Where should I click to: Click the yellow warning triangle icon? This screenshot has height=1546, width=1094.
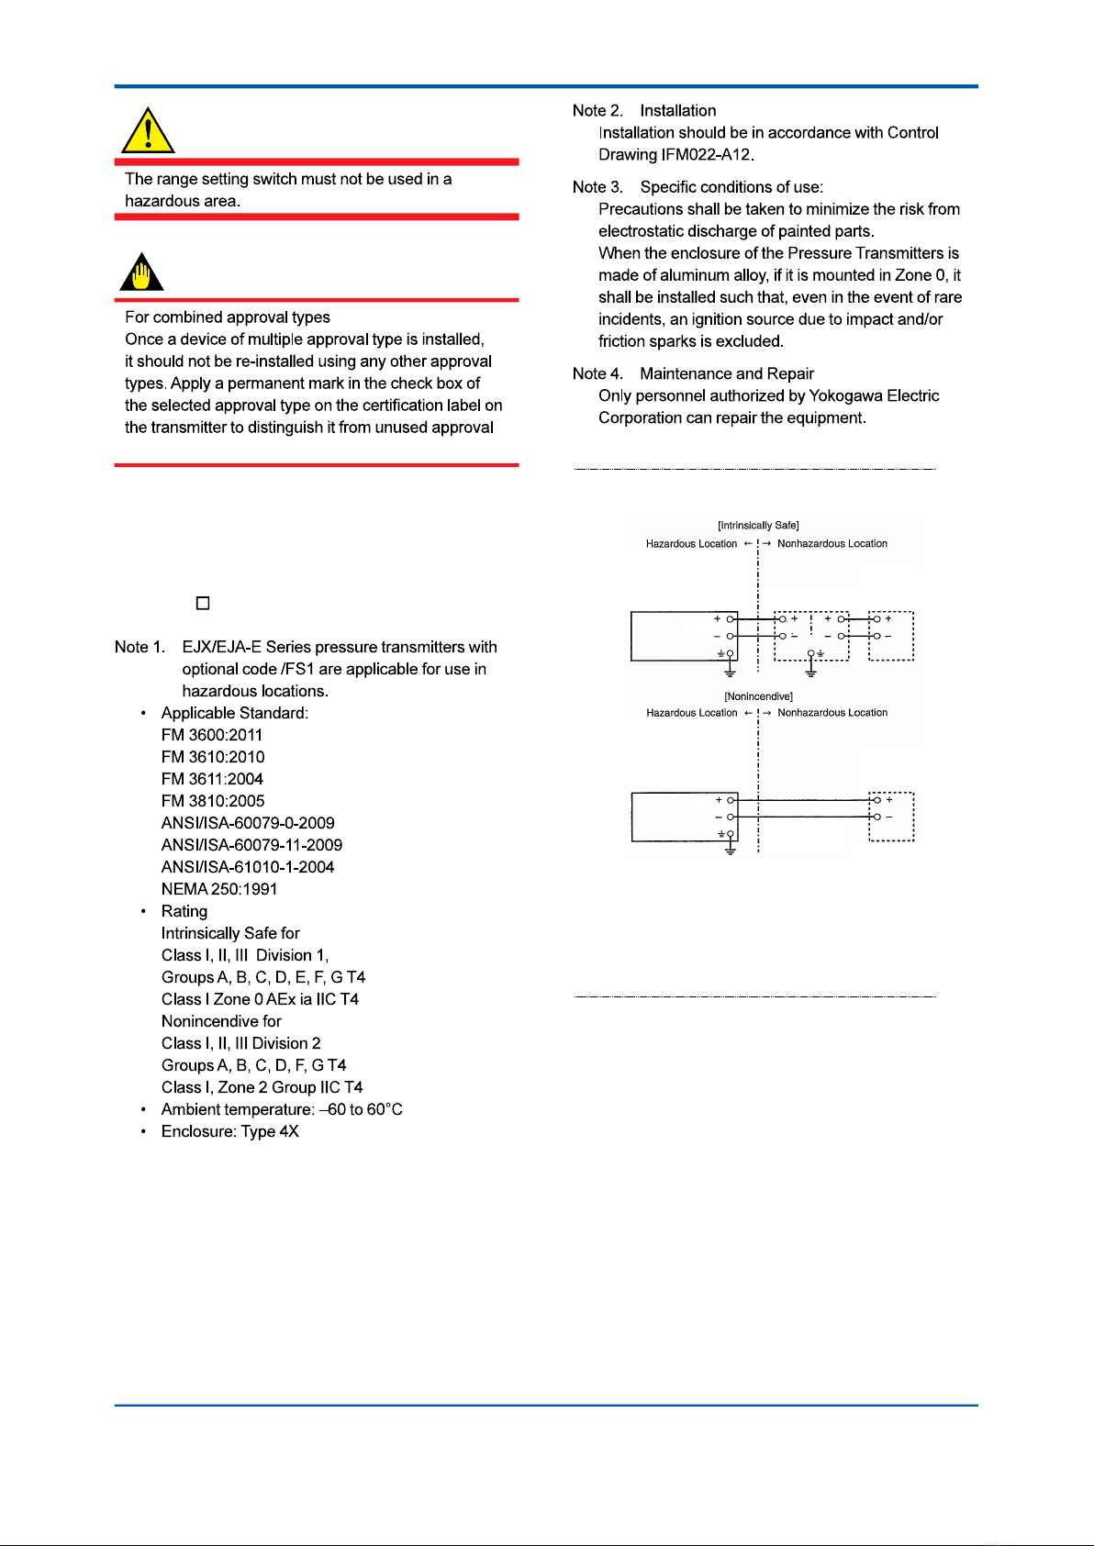pos(148,131)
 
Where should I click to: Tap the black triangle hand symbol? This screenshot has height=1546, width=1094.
pos(141,272)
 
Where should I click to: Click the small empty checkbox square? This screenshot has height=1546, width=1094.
pos(203,603)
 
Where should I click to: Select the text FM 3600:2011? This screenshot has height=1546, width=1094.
pos(212,735)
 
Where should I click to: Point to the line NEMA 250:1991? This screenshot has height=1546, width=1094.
pos(219,889)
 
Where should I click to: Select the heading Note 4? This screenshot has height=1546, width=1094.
pos(597,373)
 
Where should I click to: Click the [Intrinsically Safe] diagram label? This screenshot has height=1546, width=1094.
pos(758,526)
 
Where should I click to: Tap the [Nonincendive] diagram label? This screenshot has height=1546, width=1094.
pos(758,696)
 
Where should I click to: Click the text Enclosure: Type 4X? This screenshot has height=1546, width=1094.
pos(229,1131)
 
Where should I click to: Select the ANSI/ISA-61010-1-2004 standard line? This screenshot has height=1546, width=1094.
pos(248,867)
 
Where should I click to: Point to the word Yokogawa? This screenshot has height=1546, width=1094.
pos(847,395)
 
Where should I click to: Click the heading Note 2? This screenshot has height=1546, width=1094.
pos(597,110)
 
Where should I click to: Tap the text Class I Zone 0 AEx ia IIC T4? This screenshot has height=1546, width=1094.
pos(260,999)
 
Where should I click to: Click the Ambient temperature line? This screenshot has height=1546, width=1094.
pos(282,1109)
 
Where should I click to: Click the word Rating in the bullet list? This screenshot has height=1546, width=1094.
pos(184,911)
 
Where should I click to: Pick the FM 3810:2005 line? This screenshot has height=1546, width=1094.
pos(213,801)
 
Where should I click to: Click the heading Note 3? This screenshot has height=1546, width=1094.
pos(597,187)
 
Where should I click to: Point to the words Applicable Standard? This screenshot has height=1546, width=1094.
pos(235,713)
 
